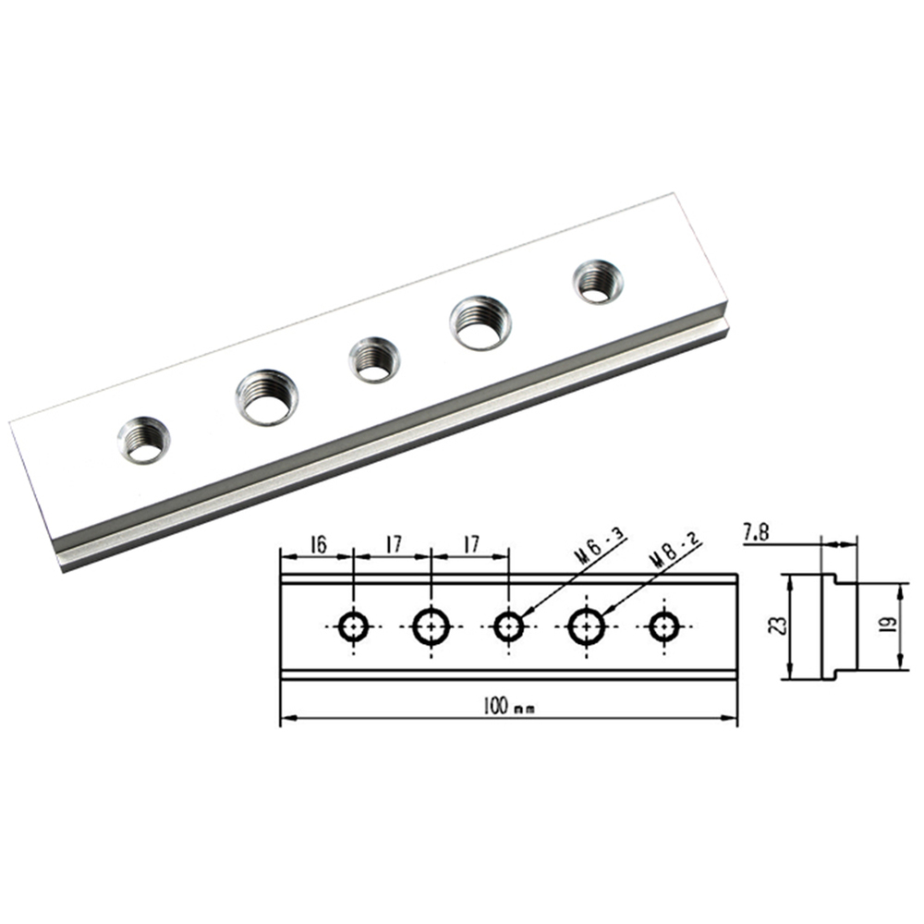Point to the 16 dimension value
316,545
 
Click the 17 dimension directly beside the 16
392,545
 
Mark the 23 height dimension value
776,627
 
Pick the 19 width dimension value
883,625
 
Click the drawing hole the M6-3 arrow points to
507,626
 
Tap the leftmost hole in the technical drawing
354,626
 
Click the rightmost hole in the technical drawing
662,626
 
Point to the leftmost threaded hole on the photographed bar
143,439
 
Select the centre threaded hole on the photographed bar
374,359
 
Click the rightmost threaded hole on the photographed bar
597,281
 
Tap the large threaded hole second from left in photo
266,396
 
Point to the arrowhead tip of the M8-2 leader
602,613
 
